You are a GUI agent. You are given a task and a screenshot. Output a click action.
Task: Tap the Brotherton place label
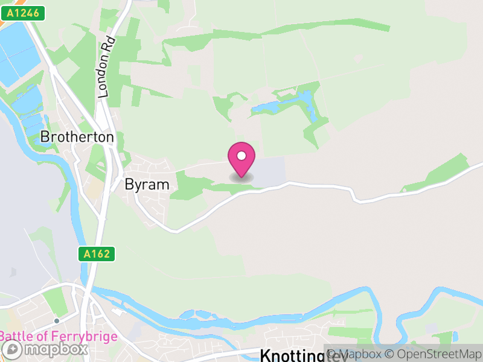tap(77, 137)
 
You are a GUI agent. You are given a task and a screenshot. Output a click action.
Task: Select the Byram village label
tap(147, 185)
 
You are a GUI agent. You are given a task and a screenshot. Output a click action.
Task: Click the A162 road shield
tap(97, 254)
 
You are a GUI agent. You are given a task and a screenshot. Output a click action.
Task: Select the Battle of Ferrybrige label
tap(59, 336)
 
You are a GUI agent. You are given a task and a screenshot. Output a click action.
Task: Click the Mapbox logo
tap(45, 349)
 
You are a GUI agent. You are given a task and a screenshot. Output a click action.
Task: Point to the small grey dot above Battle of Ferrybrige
tap(56, 321)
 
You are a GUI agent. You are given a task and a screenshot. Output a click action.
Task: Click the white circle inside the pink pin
tap(241, 156)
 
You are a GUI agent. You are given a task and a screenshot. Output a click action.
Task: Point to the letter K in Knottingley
tap(265, 355)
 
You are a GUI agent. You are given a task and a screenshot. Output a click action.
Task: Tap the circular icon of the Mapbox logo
tap(12, 349)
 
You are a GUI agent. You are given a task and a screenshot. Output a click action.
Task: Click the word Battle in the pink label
tap(16, 336)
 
